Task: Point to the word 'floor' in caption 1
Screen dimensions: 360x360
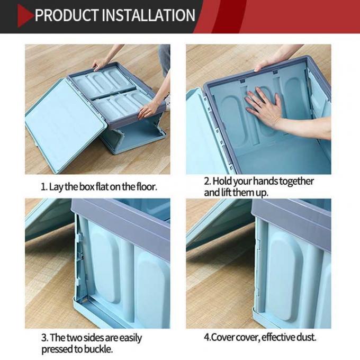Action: click(x=146, y=187)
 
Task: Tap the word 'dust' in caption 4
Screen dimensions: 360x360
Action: click(x=305, y=337)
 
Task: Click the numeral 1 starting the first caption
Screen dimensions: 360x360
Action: click(x=43, y=187)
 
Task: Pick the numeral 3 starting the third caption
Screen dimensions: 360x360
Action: click(x=43, y=337)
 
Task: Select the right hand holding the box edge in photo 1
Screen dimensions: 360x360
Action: click(x=149, y=109)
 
